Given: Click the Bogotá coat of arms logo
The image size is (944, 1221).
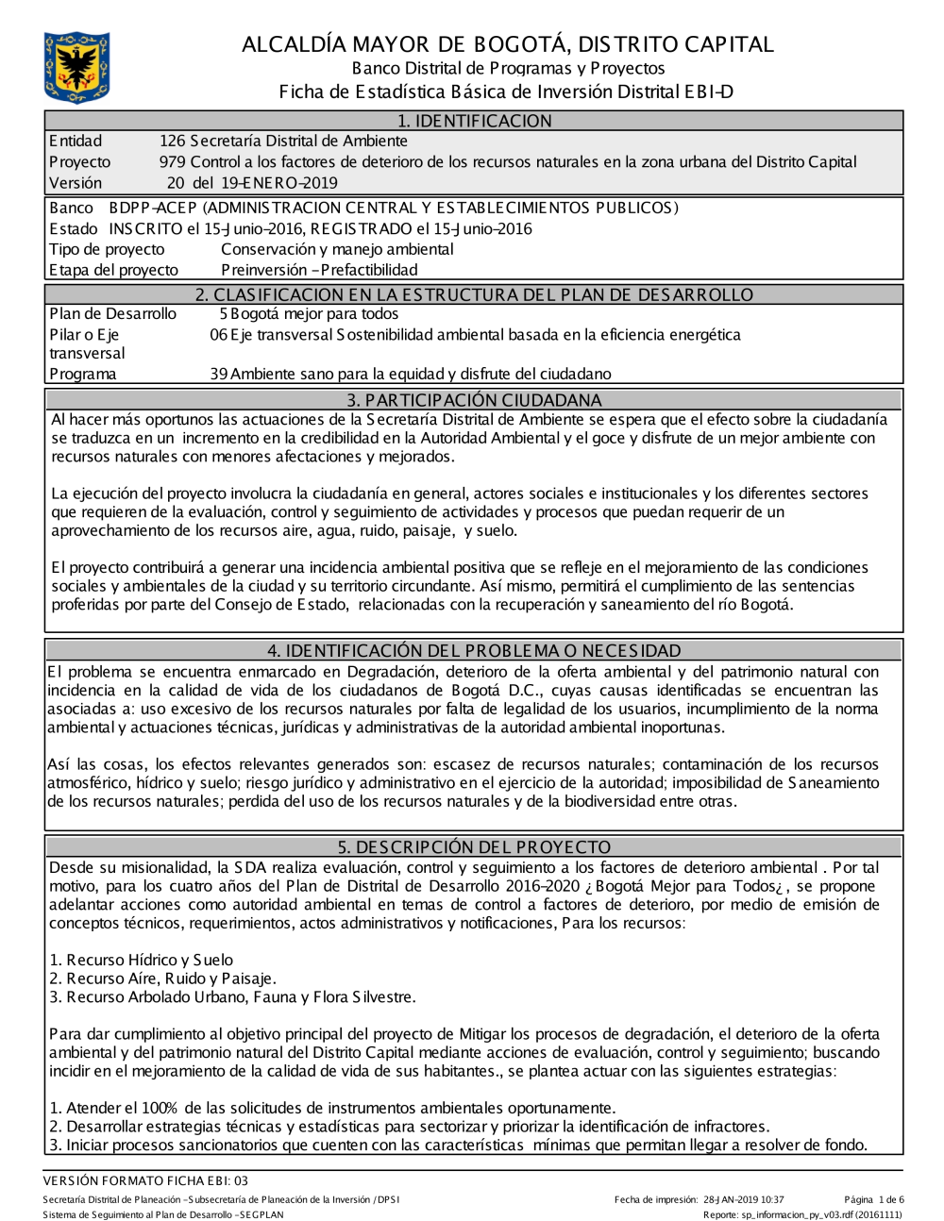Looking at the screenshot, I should pos(76,67).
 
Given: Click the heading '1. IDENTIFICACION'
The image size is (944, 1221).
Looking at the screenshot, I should pos(474,121).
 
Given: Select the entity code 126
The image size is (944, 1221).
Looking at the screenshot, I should pos(172,142).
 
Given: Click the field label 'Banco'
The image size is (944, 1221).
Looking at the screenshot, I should pos(71,208).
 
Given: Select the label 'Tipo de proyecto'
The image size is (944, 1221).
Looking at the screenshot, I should pos(107,249).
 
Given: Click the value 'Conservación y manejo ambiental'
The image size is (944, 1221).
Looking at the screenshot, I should pos(337,249).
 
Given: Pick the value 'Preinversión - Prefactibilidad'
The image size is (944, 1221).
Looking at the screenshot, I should pos(319,270).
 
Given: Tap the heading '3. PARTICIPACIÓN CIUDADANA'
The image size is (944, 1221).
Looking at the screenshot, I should pos(474,400).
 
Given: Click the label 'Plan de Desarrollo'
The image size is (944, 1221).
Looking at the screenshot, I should pos(112,314).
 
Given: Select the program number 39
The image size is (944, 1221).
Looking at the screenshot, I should pos(219,375).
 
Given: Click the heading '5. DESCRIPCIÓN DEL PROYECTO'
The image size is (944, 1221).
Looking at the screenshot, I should pos(474,847).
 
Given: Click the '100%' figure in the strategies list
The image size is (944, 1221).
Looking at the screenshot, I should pos(160,1108).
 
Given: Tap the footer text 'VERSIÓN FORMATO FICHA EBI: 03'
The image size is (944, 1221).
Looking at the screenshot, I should pos(145,1180).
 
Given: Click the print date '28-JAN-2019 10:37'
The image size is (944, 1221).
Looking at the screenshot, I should pos(743,1200).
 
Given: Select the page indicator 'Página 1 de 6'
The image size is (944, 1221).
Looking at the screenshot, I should pos(874,1200).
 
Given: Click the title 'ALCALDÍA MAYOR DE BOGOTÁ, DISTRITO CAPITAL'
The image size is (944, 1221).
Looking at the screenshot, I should pos(507,44).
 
